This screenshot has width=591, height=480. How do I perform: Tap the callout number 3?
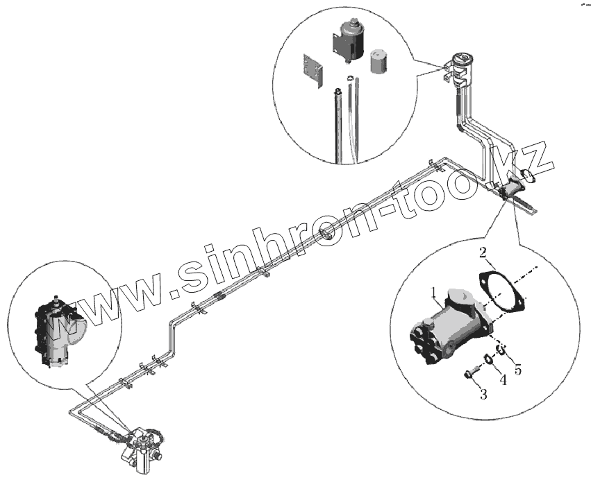coord(482,395)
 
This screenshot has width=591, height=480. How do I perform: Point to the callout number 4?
coord(502,380)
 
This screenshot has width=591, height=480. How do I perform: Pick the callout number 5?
coord(517,370)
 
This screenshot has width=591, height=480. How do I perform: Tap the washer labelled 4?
coord(488,359)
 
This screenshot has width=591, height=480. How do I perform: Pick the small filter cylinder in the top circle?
coord(379,61)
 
